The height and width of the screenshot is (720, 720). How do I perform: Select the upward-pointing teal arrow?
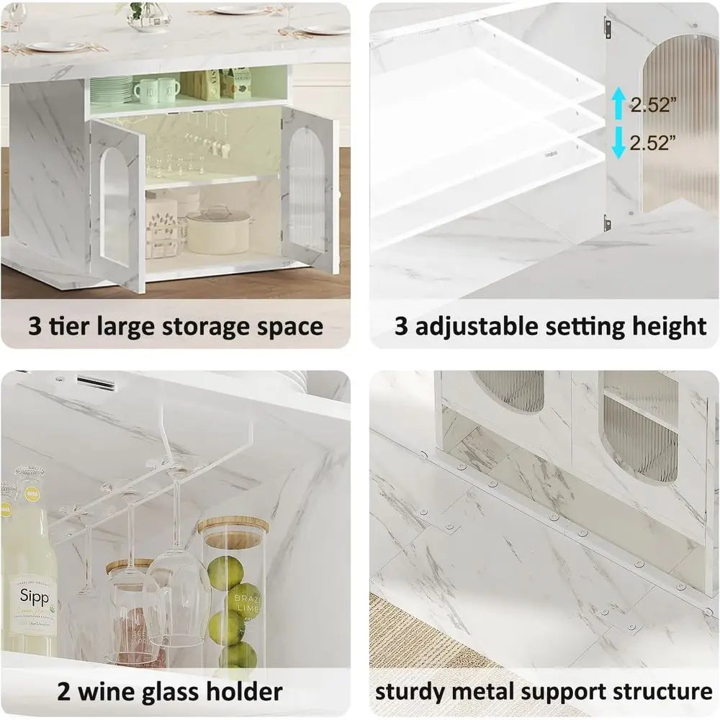click(618, 103)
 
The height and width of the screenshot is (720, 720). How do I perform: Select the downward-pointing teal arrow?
click(618, 143)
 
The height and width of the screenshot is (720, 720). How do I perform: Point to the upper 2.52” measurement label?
click(654, 105)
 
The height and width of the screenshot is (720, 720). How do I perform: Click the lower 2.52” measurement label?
click(654, 143)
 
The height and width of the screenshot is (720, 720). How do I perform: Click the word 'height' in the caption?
click(670, 326)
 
